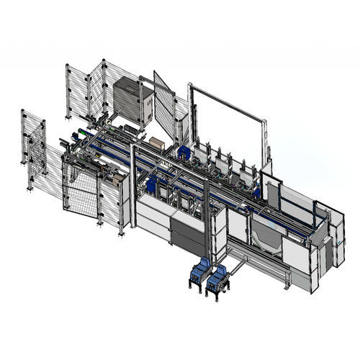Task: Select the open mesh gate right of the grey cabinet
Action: click(x=165, y=108)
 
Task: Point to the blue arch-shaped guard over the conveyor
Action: click(x=185, y=153)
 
